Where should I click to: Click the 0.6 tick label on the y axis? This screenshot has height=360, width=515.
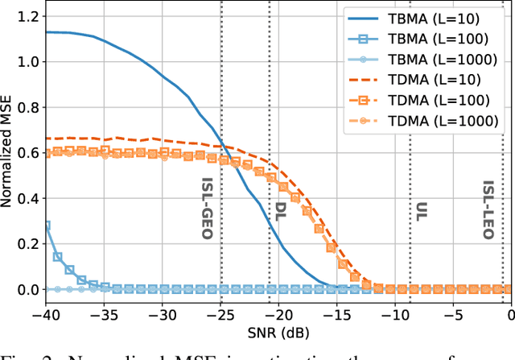pyautogui.click(x=27, y=152)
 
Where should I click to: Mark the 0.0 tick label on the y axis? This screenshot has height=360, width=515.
pyautogui.click(x=27, y=289)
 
